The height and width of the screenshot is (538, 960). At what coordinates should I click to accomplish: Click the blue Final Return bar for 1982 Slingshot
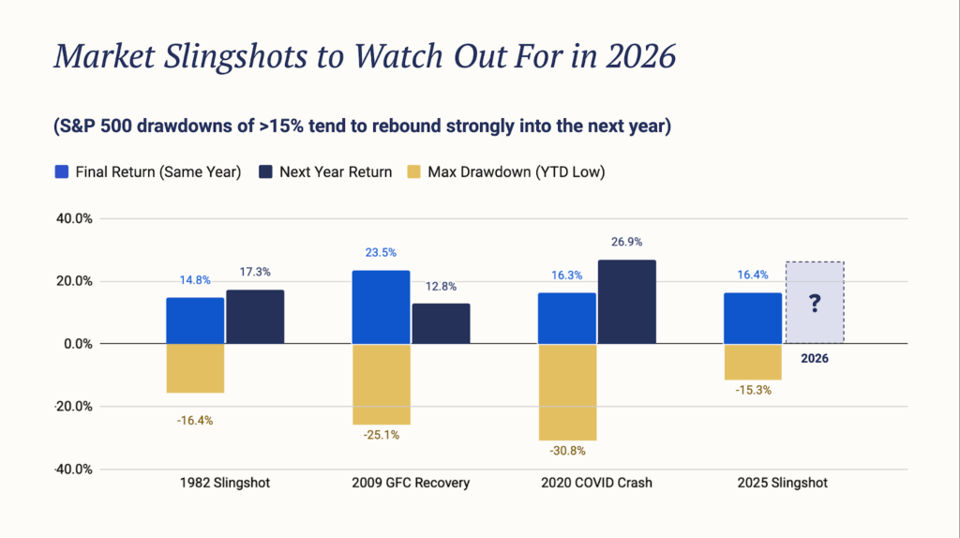tap(195, 321)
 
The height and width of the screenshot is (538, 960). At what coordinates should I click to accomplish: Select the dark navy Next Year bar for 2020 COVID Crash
tap(626, 302)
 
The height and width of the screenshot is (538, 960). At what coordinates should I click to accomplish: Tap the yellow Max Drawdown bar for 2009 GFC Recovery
tap(380, 383)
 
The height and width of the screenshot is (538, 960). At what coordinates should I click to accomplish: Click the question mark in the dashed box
tap(815, 303)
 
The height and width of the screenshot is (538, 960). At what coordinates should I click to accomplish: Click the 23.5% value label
tap(380, 252)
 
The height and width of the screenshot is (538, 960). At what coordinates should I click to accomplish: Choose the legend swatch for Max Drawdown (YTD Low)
tap(412, 172)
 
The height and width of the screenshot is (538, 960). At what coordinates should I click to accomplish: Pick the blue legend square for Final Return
tap(63, 172)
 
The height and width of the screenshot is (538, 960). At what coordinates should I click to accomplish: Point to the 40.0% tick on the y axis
tap(69, 218)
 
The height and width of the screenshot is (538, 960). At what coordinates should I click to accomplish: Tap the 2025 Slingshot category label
tap(781, 484)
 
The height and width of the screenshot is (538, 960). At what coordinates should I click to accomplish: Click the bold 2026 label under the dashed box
tap(814, 358)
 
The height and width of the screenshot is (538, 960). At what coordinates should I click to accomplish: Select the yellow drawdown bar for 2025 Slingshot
tap(752, 362)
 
